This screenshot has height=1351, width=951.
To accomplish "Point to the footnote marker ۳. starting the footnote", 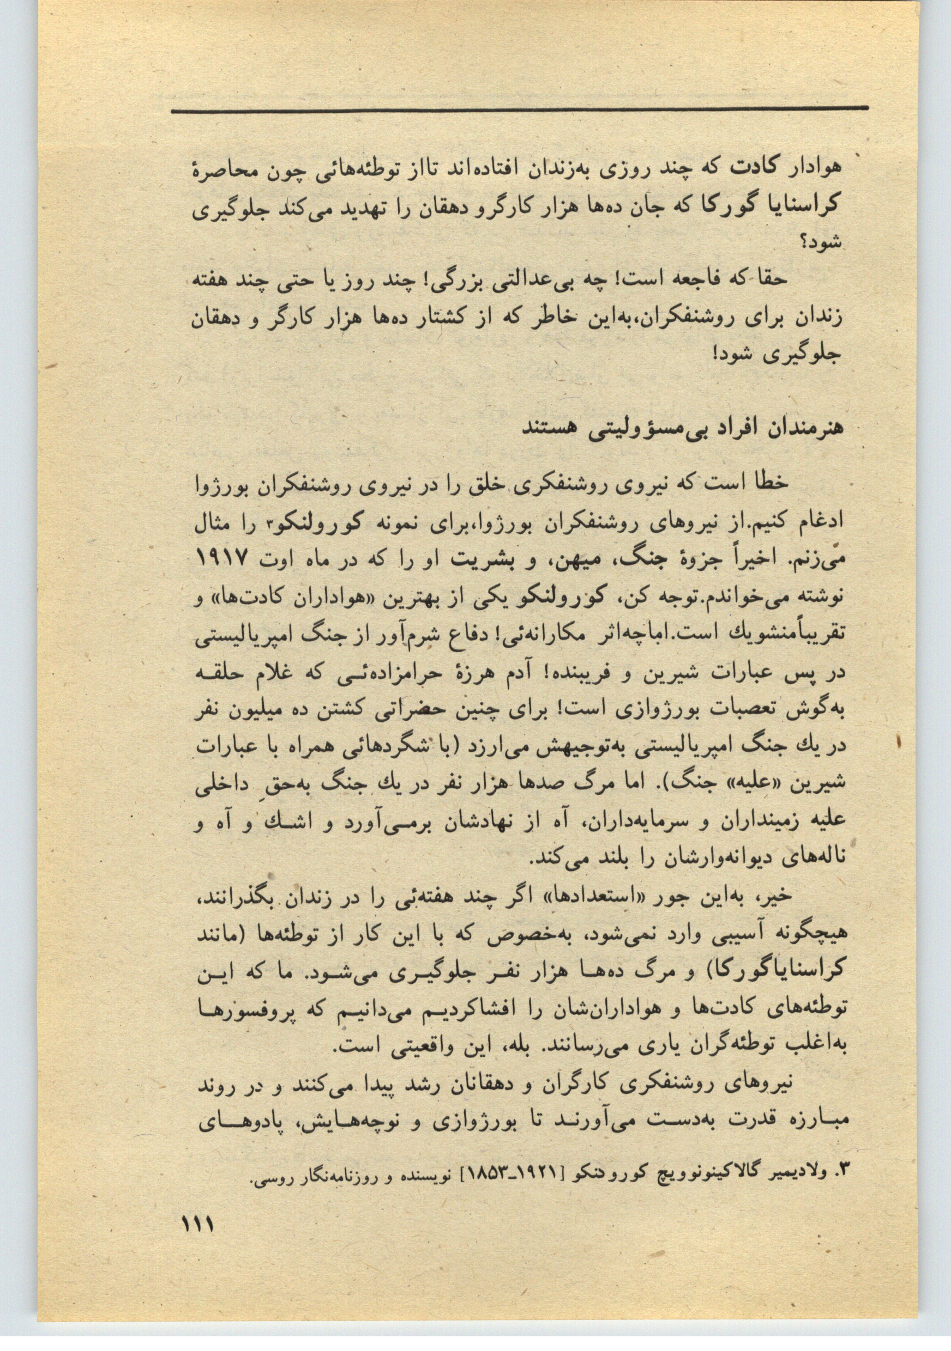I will [x=840, y=1171].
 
